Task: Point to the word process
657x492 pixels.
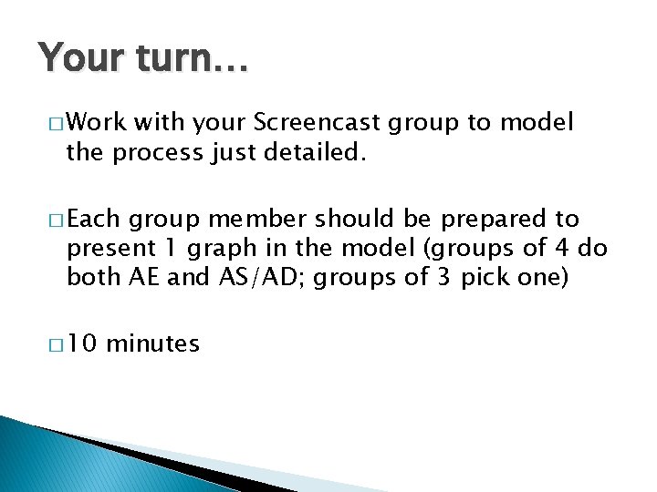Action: [x=156, y=154]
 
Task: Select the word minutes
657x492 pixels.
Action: [x=152, y=343]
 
